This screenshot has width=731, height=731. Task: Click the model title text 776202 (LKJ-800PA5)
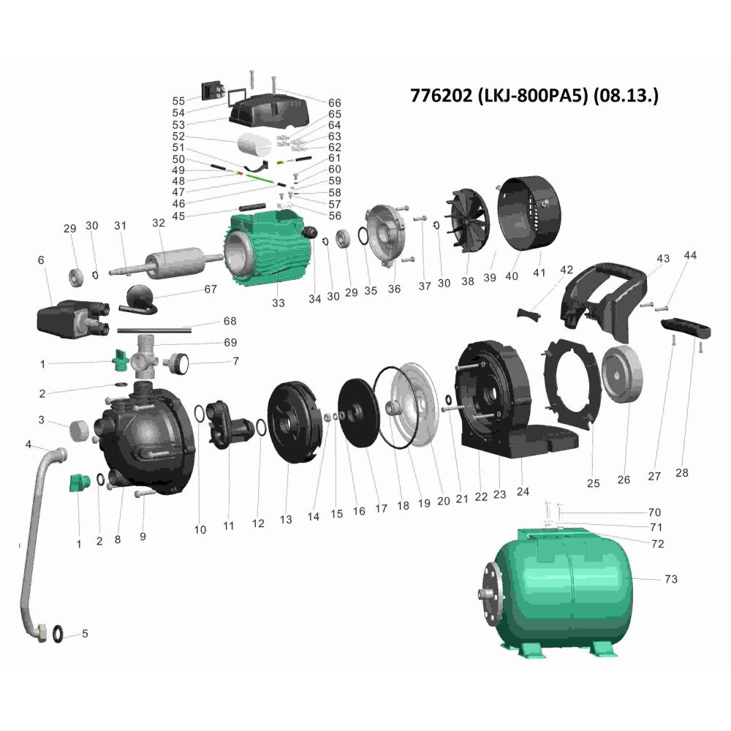click(499, 95)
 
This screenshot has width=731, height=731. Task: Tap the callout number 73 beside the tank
click(671, 579)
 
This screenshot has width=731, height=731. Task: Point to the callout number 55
click(178, 101)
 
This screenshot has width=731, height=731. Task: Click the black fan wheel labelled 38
click(468, 221)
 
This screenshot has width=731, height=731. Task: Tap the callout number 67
click(211, 289)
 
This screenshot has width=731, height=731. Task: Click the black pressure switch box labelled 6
click(73, 318)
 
